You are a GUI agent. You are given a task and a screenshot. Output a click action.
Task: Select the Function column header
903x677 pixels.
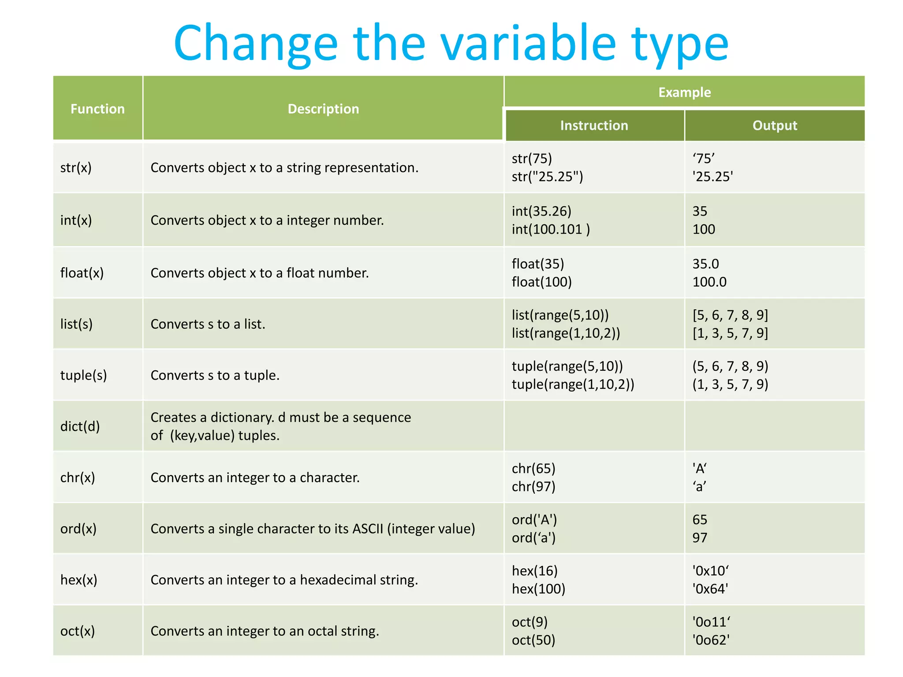(x=97, y=109)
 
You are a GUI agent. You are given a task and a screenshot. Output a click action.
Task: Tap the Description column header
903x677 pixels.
(x=323, y=109)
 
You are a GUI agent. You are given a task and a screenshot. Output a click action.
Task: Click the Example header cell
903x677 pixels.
(x=684, y=92)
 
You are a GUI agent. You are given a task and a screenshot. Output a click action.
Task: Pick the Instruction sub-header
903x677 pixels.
(x=594, y=126)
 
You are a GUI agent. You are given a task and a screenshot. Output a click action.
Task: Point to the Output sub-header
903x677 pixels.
(x=775, y=126)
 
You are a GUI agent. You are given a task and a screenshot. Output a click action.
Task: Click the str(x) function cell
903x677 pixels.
(x=76, y=167)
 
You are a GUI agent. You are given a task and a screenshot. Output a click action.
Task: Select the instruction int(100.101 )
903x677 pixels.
(x=551, y=229)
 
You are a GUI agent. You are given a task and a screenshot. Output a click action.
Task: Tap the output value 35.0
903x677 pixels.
(x=705, y=264)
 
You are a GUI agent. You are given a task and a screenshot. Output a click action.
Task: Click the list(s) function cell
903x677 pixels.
(x=76, y=324)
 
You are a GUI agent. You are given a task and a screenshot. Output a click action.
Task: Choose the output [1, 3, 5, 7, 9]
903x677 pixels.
(x=730, y=333)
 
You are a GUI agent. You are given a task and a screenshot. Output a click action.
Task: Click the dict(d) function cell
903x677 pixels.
(x=80, y=426)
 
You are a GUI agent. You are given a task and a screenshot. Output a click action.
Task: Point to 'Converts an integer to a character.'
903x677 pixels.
(x=255, y=477)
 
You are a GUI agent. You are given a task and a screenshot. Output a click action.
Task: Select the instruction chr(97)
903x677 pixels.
(x=534, y=487)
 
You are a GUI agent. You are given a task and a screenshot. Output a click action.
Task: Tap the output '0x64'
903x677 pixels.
(x=710, y=589)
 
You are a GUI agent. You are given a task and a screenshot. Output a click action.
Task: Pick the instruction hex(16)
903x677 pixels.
(x=534, y=571)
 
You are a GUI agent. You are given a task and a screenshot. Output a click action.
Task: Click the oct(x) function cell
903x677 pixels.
(x=78, y=631)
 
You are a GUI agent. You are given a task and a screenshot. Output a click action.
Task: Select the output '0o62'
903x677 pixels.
(x=711, y=640)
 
